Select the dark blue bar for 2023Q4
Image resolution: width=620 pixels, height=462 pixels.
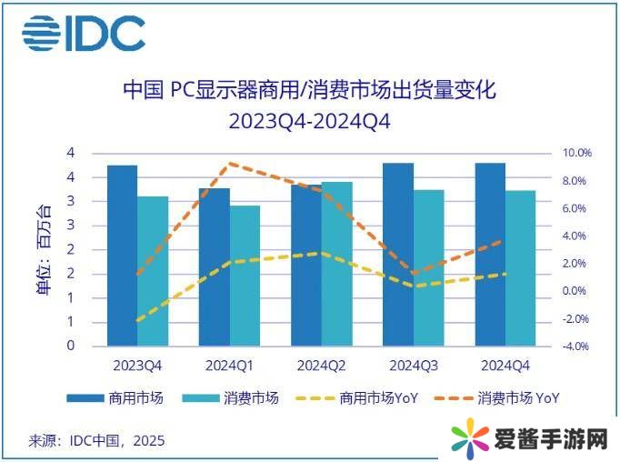click(x=122, y=255)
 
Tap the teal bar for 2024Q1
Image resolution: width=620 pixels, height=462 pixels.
click(x=245, y=276)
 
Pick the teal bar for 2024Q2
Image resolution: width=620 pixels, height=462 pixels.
click(x=337, y=264)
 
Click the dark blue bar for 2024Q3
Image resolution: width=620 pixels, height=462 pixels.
click(x=398, y=255)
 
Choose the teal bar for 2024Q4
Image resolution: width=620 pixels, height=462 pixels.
click(x=521, y=268)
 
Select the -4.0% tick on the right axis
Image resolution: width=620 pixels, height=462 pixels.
click(x=575, y=346)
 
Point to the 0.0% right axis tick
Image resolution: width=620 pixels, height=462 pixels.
click(x=575, y=291)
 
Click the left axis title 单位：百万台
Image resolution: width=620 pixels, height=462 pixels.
click(x=43, y=250)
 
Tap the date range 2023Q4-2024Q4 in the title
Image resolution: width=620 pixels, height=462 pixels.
click(x=309, y=121)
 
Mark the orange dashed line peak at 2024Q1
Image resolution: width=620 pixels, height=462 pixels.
click(x=231, y=164)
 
